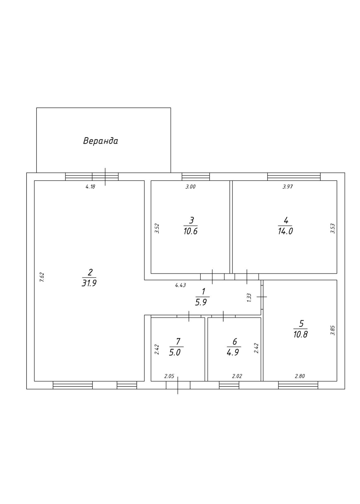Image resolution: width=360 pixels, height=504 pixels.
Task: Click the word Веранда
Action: pyautogui.click(x=101, y=140)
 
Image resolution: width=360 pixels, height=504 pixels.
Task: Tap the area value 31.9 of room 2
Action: pyautogui.click(x=89, y=283)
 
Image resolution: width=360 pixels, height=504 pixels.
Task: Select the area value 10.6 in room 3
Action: pyautogui.click(x=190, y=231)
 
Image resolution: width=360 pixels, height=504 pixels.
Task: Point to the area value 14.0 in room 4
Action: pyautogui.click(x=285, y=231)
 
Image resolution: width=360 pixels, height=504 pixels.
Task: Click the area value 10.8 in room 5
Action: pyautogui.click(x=300, y=334)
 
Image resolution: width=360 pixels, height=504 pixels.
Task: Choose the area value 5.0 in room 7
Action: pyautogui.click(x=175, y=352)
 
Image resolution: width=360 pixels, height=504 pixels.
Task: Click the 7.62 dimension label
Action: pyautogui.click(x=42, y=278)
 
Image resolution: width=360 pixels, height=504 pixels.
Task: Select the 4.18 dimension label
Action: pyautogui.click(x=90, y=187)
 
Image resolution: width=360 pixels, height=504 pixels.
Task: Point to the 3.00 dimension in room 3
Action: pyautogui.click(x=190, y=187)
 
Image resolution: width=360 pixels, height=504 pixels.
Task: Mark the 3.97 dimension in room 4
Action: pyautogui.click(x=288, y=187)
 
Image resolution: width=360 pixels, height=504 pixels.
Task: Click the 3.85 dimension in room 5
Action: pyautogui.click(x=332, y=330)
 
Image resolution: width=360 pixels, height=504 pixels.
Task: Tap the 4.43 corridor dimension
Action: pyautogui.click(x=181, y=285)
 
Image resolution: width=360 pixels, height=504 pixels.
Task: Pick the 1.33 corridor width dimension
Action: pyautogui.click(x=249, y=298)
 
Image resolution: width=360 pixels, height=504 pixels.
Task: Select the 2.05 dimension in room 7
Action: pyautogui.click(x=169, y=376)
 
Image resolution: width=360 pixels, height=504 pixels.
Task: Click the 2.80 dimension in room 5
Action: pyautogui.click(x=300, y=376)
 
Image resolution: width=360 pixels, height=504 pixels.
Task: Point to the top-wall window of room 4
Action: pyautogui.click(x=294, y=177)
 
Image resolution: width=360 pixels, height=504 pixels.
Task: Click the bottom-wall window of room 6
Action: pyautogui.click(x=229, y=385)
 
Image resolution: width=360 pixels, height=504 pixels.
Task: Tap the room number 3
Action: pyautogui.click(x=191, y=220)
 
